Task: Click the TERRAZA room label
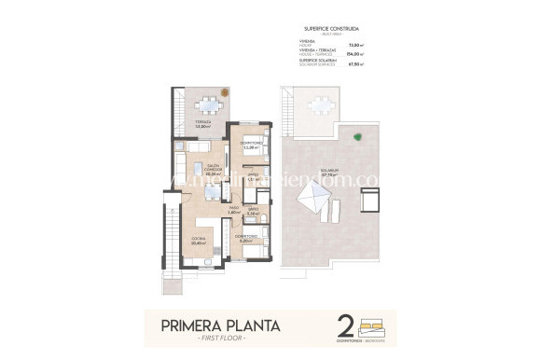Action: point(202,122)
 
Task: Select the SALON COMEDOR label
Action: point(212,170)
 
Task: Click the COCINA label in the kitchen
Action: point(199,241)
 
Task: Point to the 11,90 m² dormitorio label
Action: point(249,145)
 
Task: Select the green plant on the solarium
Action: point(357,138)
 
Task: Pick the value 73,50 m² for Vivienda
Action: point(354,44)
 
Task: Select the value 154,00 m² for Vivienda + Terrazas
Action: point(354,54)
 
